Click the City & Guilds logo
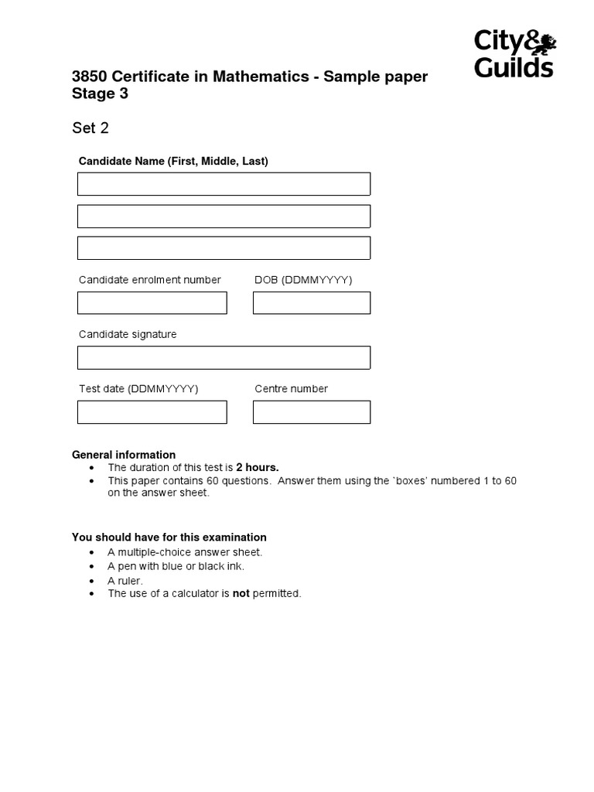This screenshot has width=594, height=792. (x=514, y=54)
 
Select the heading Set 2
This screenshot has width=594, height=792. (x=90, y=128)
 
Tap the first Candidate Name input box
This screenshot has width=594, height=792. (x=224, y=184)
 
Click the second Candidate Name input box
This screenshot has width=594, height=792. (x=224, y=216)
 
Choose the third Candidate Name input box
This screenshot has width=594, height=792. (x=224, y=247)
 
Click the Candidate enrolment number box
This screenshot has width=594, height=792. (x=152, y=302)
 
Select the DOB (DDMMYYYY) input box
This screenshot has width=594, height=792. (x=312, y=302)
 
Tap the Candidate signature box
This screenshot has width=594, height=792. (x=224, y=357)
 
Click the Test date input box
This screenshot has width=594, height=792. (x=152, y=411)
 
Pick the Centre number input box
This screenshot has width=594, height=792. (x=312, y=411)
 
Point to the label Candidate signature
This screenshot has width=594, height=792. (x=128, y=334)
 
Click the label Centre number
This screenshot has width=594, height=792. (x=291, y=388)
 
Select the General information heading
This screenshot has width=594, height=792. (x=124, y=455)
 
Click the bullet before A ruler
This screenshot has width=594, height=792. (x=93, y=580)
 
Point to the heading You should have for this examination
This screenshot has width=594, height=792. (x=169, y=537)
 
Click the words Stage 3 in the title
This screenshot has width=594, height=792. (x=100, y=94)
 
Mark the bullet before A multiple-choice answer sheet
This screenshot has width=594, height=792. (x=93, y=552)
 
